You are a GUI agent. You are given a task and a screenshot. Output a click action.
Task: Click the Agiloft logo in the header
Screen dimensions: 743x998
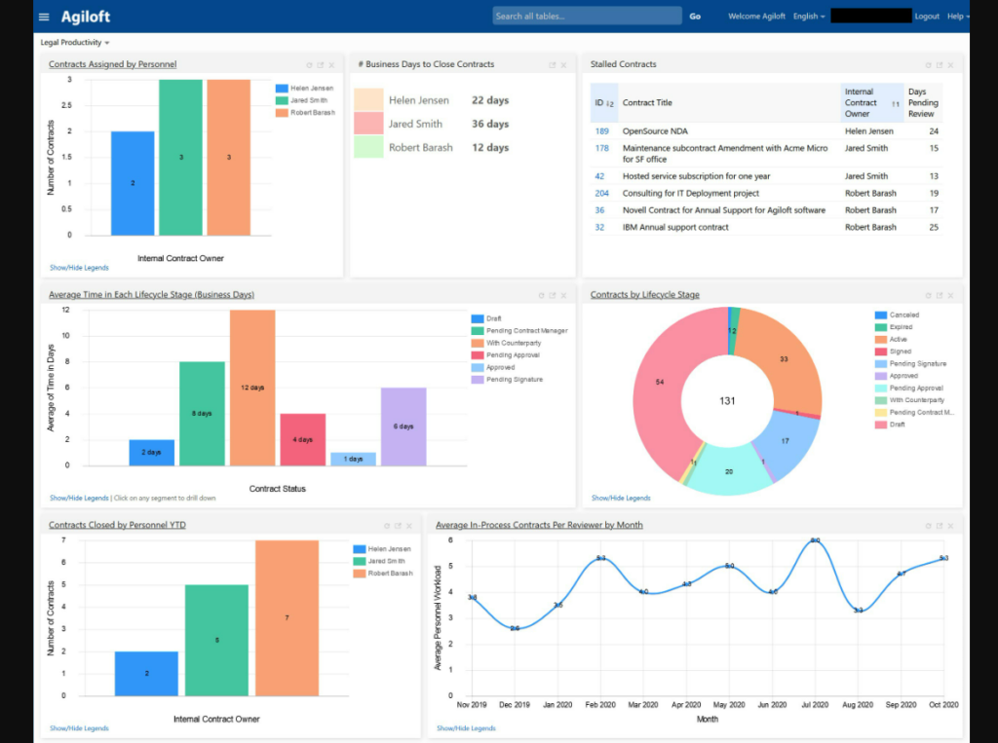tap(86, 17)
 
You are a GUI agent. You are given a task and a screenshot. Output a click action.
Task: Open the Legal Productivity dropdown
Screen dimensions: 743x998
tap(75, 43)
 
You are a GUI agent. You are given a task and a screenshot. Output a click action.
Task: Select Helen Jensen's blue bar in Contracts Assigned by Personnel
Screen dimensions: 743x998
tap(133, 183)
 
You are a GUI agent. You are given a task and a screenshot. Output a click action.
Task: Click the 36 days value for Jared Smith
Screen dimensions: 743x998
tap(490, 124)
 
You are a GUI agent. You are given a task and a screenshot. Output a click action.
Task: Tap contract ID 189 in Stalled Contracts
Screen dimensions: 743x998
tap(601, 130)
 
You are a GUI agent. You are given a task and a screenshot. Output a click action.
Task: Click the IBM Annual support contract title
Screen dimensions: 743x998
tap(675, 227)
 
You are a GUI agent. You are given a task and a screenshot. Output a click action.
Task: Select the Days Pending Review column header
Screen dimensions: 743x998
tap(922, 102)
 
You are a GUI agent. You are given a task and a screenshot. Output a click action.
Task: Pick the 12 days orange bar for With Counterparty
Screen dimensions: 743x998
tap(253, 388)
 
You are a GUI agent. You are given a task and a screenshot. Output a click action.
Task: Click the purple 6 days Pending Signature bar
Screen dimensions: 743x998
tap(403, 427)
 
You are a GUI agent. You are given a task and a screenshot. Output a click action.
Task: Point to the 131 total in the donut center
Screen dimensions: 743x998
tap(727, 401)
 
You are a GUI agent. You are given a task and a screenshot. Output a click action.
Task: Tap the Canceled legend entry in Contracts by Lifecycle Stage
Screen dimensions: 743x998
tap(903, 315)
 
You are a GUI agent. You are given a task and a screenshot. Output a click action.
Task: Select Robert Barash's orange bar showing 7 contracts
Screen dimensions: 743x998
tap(287, 617)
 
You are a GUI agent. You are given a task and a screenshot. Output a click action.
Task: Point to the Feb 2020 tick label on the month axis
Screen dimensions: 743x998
tap(601, 704)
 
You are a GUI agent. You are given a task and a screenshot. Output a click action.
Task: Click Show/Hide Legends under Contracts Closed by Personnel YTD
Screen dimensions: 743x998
tap(79, 728)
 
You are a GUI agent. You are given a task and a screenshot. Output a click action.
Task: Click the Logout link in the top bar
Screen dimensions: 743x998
tap(927, 17)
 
